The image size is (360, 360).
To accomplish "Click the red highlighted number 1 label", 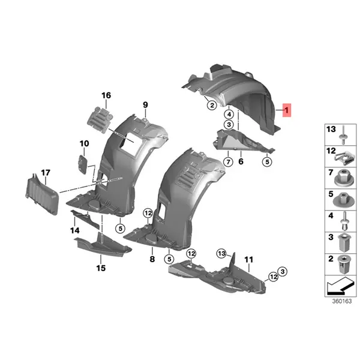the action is tap(287, 110).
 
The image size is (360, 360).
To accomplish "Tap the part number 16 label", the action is tap(106, 95).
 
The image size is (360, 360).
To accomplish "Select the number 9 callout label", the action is tap(145, 104).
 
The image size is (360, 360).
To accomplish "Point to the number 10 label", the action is tap(84, 143).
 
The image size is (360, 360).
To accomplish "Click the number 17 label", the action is tap(46, 173).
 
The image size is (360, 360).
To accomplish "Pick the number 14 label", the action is tap(75, 230).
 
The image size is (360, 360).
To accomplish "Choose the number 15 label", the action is tap(101, 268).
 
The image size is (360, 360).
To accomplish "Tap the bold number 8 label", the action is tap(152, 259).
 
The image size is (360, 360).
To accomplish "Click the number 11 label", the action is tap(249, 260).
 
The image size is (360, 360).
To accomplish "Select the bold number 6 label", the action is tap(241, 161).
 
